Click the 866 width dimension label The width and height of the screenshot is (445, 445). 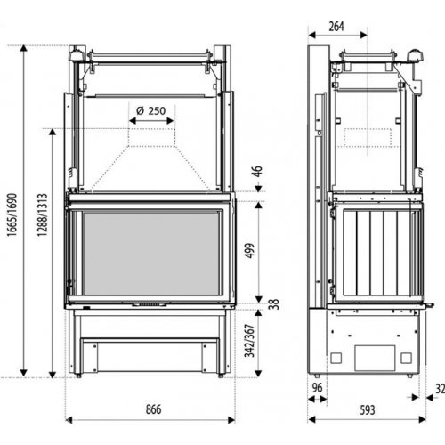click(152, 409)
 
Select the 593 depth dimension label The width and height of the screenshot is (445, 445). click(367, 410)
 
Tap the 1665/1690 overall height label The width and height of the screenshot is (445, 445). click(12, 214)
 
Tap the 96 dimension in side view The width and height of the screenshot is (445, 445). click(319, 389)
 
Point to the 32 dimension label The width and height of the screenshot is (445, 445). click(439, 389)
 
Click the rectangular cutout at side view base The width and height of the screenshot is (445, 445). click(372, 356)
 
